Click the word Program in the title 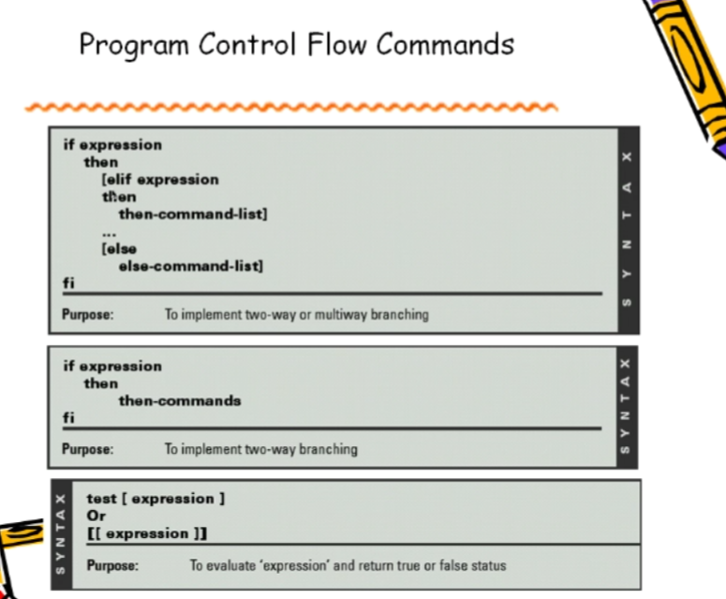tap(134, 46)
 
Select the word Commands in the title tap(445, 44)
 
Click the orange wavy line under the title tap(291, 108)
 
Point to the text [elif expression tap(160, 180)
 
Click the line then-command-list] tap(193, 214)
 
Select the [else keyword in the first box tap(119, 249)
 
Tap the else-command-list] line tap(191, 266)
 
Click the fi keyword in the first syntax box tap(68, 282)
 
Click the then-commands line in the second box tap(180, 400)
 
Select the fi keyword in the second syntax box tap(68, 417)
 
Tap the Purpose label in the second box tap(87, 449)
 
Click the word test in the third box tap(101, 499)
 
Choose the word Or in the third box tap(96, 516)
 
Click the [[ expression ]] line tap(147, 533)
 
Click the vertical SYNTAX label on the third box tap(61, 534)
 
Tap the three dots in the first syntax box tap(109, 234)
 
